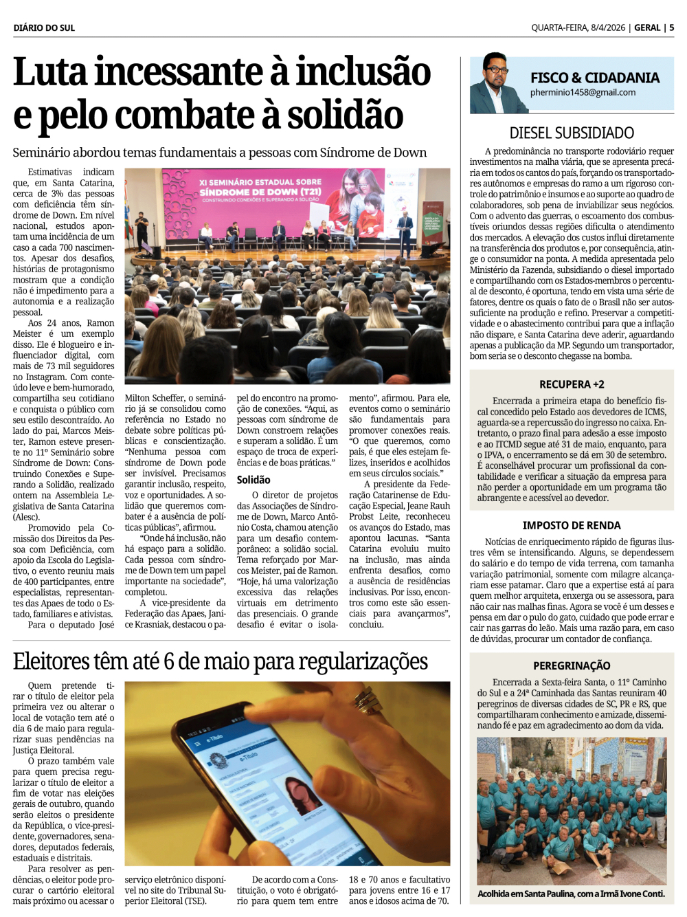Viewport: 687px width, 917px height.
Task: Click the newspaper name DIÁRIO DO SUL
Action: point(44,27)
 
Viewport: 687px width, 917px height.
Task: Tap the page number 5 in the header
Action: point(671,27)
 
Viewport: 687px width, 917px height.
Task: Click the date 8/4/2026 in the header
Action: point(607,27)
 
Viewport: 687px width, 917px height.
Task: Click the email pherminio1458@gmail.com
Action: point(583,92)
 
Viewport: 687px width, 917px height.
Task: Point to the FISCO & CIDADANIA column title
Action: point(594,78)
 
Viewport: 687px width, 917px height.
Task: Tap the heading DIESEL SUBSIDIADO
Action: point(572,133)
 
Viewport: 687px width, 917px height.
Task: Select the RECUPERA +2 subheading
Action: point(572,384)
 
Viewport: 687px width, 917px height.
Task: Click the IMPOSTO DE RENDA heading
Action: point(572,525)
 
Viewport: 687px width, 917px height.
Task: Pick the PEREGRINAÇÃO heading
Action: point(572,665)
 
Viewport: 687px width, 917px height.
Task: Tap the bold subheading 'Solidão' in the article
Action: point(254,480)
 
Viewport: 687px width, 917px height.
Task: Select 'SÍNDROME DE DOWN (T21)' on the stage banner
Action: point(260,192)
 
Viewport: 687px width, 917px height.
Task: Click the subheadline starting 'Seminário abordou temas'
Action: point(220,153)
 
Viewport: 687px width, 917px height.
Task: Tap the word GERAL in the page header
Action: point(647,27)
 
